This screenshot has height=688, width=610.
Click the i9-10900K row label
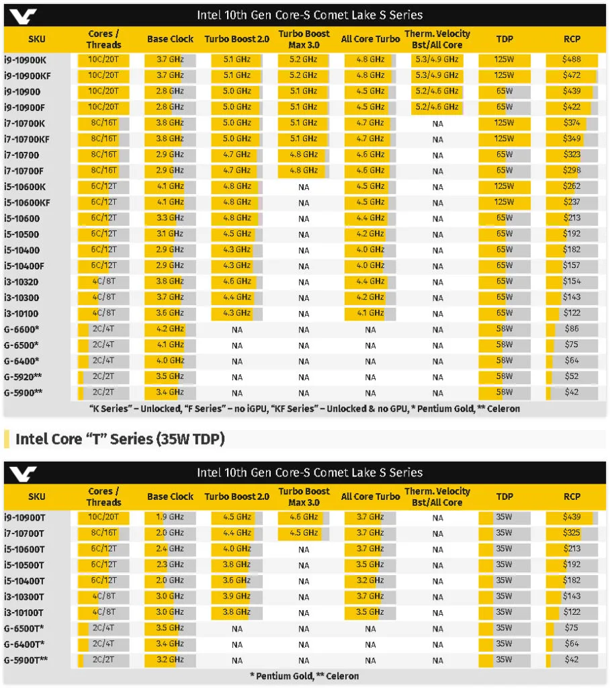coord(25,60)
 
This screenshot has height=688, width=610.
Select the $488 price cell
coord(572,59)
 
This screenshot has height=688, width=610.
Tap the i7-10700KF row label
coord(27,140)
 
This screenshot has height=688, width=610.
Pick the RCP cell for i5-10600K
coord(572,186)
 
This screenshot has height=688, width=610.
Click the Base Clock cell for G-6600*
coord(170,329)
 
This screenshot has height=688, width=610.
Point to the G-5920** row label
coord(24,377)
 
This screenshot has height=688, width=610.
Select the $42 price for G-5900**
coord(572,392)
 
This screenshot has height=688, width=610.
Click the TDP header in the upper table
coord(505,39)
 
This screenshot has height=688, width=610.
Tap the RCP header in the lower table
coord(572,497)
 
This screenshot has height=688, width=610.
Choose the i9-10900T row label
coord(25,518)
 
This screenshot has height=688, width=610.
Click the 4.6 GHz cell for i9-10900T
coord(304,517)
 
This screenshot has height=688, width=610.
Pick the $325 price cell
coord(572,533)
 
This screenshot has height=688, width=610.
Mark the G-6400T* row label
coord(24,644)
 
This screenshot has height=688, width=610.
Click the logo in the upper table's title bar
coord(23,17)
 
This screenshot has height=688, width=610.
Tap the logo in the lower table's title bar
coord(23,474)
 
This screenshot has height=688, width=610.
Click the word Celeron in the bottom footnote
coord(343,676)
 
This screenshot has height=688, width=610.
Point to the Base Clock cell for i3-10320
coord(170,282)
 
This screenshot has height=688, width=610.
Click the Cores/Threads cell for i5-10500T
coord(103,564)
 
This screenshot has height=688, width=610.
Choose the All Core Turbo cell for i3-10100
coord(370,313)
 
